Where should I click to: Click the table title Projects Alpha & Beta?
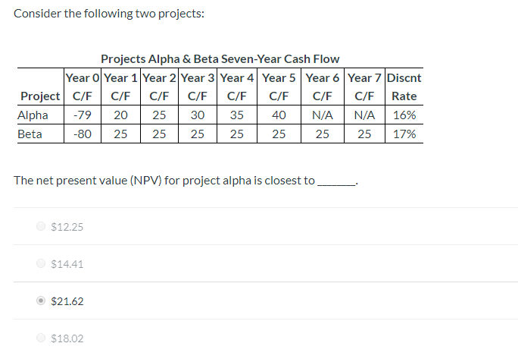220,59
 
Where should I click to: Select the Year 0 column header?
83,77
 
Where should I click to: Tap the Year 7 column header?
365,77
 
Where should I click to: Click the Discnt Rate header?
404,87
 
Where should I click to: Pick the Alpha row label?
33,115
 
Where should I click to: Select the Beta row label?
30,134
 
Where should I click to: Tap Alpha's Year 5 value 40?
279,115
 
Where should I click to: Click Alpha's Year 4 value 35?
237,115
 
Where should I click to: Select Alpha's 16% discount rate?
404,115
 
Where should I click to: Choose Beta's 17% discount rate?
404,134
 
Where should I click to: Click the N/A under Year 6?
323,115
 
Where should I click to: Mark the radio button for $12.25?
41,227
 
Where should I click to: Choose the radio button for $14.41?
41,264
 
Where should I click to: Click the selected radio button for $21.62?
41,301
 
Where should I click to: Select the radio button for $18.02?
41,338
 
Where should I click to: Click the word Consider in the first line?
37,14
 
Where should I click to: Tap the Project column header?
41,96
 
